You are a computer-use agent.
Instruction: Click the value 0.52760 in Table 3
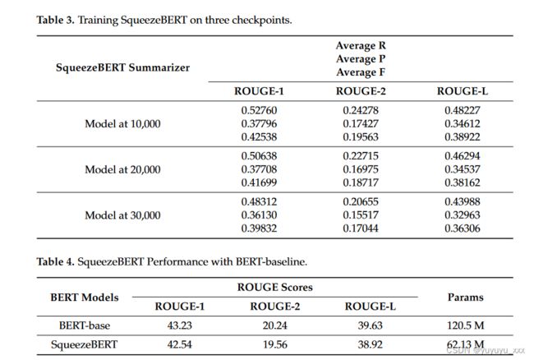click(259, 110)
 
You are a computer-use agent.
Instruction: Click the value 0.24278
click(361, 110)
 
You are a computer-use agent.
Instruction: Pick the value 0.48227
click(463, 110)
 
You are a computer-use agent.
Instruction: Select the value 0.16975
click(361, 169)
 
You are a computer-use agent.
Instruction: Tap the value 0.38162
click(463, 182)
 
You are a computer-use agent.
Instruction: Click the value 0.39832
click(259, 228)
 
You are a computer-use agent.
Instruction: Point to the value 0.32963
click(463, 215)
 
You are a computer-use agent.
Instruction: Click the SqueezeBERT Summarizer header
click(122, 67)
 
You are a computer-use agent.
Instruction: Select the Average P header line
click(361, 59)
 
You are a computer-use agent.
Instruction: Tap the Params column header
click(465, 298)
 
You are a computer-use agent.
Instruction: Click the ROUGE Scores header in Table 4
click(275, 287)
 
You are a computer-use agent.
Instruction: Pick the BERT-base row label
click(85, 325)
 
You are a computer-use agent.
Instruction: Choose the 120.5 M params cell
click(465, 325)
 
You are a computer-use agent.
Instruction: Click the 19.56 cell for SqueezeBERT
click(275, 344)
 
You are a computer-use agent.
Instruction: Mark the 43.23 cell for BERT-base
click(179, 325)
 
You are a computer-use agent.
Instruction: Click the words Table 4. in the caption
click(55, 261)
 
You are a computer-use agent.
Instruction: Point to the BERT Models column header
click(85, 298)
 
